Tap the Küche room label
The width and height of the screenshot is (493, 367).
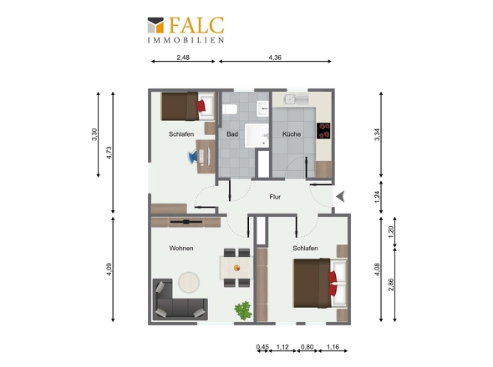(x=292, y=133)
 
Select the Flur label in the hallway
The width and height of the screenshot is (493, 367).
(x=274, y=198)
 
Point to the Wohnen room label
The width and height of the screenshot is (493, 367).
(x=181, y=249)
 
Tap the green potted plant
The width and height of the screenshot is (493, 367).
(x=243, y=310)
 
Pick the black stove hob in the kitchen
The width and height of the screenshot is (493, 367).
(x=324, y=130)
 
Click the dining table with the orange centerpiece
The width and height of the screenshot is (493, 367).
(x=236, y=267)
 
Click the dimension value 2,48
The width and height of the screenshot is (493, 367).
(x=183, y=58)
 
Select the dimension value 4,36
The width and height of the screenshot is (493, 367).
(x=275, y=58)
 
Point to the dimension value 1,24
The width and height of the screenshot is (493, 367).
(x=378, y=196)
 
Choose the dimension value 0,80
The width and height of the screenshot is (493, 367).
(x=307, y=347)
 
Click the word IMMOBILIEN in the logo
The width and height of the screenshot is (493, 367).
(x=186, y=39)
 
